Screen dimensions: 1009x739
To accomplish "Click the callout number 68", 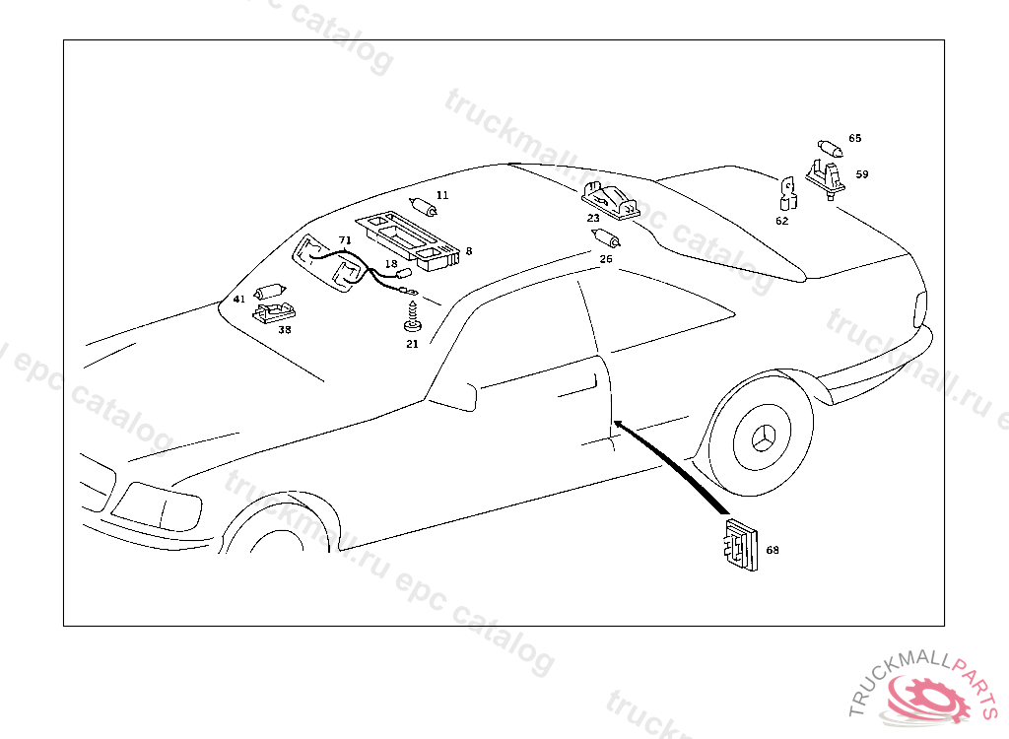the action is pyautogui.click(x=772, y=551).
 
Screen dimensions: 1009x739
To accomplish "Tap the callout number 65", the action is pyautogui.click(x=854, y=139).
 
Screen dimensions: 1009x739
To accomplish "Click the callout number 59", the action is pyautogui.click(x=862, y=174).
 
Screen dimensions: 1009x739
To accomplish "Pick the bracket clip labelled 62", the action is pyautogui.click(x=788, y=194).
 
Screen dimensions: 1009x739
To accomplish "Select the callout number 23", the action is pyautogui.click(x=593, y=218).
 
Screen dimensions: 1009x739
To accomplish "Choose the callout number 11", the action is pyautogui.click(x=442, y=196).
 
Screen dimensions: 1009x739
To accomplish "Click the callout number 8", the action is pyautogui.click(x=468, y=251).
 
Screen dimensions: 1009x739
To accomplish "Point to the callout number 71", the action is pyautogui.click(x=345, y=240).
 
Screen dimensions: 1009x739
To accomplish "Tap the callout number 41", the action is pyautogui.click(x=239, y=300).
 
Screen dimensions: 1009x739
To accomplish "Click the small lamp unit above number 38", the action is pyautogui.click(x=273, y=312).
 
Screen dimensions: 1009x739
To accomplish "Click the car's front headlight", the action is pyautogui.click(x=154, y=505).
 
